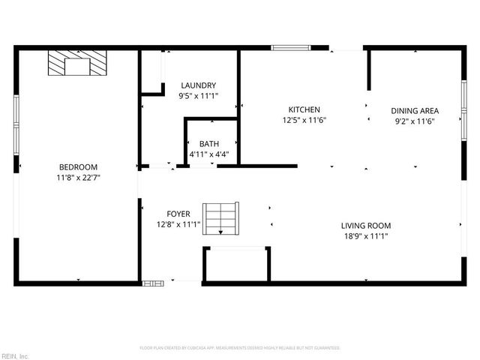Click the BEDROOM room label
point(78,166)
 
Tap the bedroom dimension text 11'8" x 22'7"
point(78,178)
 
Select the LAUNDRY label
point(198,85)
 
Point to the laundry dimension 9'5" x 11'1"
point(198,96)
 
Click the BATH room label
point(208,144)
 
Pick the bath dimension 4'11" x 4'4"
point(208,154)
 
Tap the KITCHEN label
point(304,109)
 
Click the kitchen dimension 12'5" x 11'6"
point(304,120)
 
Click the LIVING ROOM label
point(366,225)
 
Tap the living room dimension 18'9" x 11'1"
point(366,235)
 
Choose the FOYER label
point(178,213)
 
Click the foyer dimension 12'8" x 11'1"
point(178,223)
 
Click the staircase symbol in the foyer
point(221,217)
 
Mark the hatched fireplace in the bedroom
point(77,64)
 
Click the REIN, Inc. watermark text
point(15,355)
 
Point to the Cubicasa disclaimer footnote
point(240,348)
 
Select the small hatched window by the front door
point(153,283)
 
